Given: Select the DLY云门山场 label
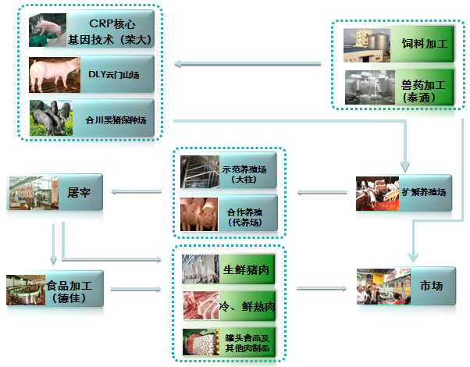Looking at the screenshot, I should point(116,76).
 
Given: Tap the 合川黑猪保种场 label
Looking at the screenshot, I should point(116,120).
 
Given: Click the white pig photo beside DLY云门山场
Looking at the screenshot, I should point(53,76).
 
